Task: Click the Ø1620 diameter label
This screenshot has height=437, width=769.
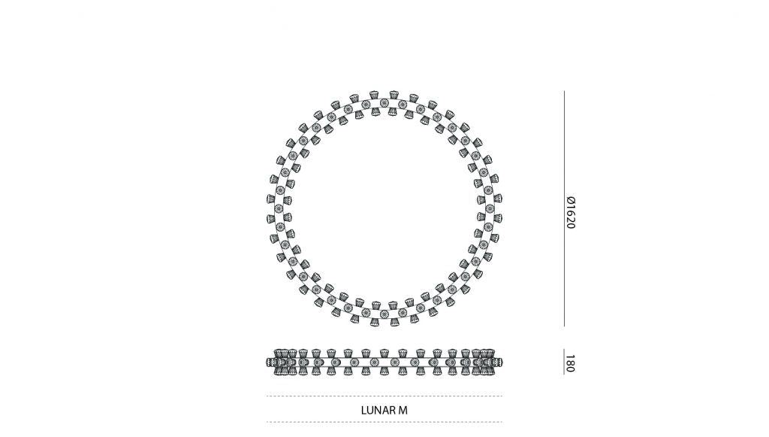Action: tap(571, 213)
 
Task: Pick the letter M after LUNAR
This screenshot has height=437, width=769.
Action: tap(403, 410)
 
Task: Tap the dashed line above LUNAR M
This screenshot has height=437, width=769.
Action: tap(384, 396)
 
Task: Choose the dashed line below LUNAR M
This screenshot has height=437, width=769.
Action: tap(384, 422)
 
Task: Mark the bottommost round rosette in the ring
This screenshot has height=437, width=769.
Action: tap(384, 312)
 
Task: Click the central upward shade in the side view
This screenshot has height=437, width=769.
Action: tap(384, 354)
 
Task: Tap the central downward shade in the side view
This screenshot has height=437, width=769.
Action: tap(384, 370)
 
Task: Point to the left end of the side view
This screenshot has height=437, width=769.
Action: tap(268, 363)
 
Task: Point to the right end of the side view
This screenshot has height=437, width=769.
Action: tap(501, 363)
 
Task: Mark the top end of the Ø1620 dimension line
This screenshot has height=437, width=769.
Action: tap(564, 92)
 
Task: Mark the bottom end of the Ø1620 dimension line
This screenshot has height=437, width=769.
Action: tap(564, 326)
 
